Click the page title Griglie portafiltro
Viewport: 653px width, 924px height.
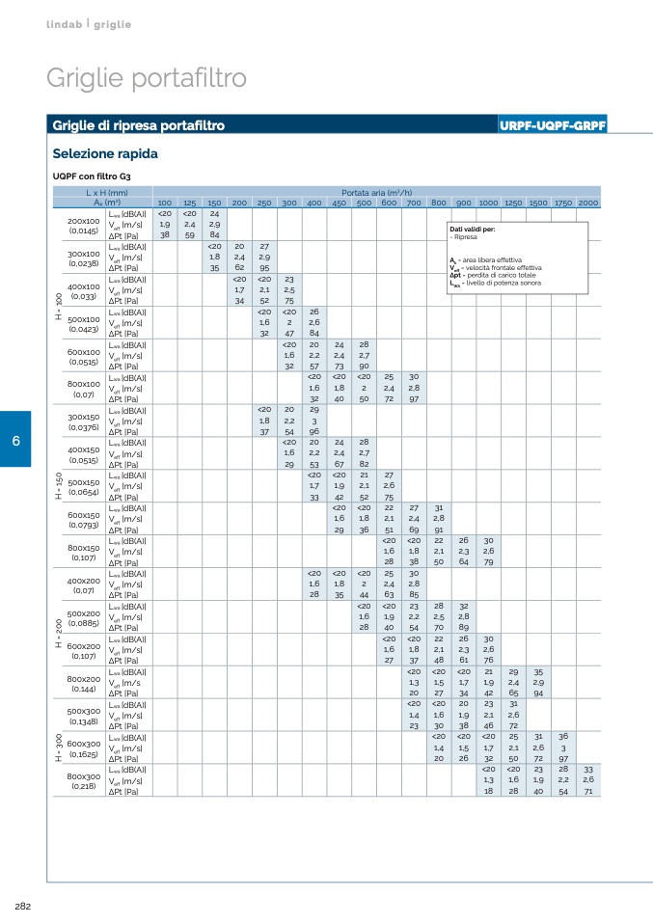[147, 78]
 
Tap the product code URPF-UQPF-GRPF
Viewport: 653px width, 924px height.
[553, 125]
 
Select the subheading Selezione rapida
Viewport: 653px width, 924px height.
[105, 153]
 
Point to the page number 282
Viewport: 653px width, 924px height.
[23, 906]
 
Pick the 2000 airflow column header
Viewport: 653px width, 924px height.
[588, 203]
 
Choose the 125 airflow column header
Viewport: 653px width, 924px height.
[190, 203]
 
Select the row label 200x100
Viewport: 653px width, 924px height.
[84, 221]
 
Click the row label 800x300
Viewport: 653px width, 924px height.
[84, 776]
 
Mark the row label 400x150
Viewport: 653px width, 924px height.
[84, 449]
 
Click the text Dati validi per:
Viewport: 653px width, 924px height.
[473, 229]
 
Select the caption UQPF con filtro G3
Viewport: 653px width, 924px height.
[91, 177]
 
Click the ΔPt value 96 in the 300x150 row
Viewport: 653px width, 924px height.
[314, 431]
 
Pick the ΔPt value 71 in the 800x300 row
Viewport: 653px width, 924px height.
[588, 790]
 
